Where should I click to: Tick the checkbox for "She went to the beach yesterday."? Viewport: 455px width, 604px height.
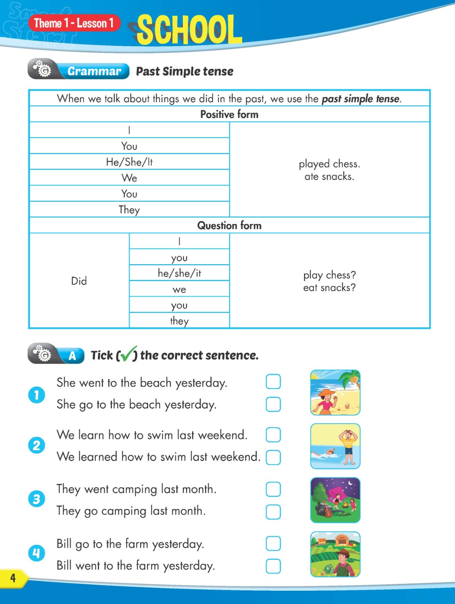click(x=273, y=381)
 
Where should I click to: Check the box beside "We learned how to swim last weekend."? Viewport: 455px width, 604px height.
click(x=273, y=457)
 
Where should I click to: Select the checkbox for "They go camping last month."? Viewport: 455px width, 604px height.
click(x=273, y=512)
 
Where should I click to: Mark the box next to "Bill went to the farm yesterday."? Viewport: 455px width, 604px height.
click(x=273, y=566)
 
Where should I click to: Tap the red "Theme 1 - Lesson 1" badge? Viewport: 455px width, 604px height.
click(x=74, y=23)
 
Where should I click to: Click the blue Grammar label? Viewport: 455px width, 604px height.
click(x=94, y=71)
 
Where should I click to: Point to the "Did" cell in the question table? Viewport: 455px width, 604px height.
click(x=79, y=281)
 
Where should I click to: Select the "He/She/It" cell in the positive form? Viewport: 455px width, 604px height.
click(x=129, y=162)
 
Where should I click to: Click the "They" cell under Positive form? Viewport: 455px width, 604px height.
click(x=129, y=209)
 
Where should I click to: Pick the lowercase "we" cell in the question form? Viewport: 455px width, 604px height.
click(x=179, y=289)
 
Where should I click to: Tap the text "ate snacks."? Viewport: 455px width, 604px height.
click(x=329, y=176)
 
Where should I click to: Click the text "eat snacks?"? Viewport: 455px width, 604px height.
click(x=329, y=288)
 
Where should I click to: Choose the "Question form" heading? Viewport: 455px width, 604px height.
click(x=229, y=225)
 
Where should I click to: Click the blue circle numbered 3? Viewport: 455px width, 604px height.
click(x=37, y=499)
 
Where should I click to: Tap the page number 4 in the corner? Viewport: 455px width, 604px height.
click(x=13, y=578)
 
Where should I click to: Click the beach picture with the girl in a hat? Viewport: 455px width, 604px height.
click(x=335, y=393)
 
